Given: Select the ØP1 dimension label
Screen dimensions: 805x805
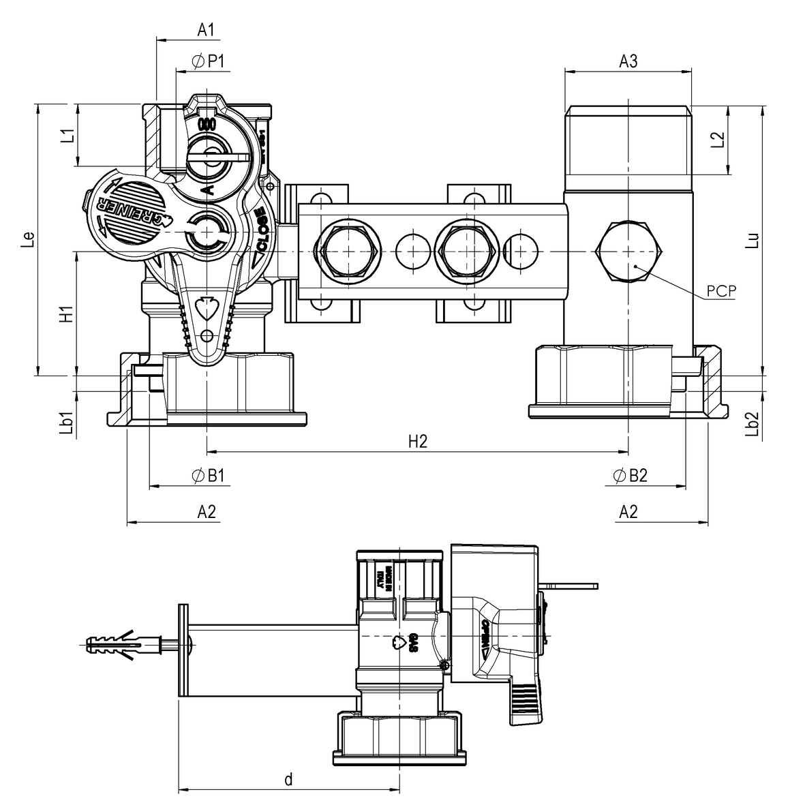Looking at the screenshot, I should point(209,61).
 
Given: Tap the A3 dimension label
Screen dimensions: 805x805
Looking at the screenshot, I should point(628,61).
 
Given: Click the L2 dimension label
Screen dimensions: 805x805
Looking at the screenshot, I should point(717,139).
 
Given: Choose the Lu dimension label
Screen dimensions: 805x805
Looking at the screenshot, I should point(753,240).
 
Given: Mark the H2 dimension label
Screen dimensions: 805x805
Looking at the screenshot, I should point(417,442).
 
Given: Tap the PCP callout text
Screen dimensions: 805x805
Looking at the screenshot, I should point(721,290).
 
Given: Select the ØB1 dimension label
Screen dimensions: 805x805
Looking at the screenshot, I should point(209,476).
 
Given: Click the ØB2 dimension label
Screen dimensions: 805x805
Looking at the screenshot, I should point(629,476).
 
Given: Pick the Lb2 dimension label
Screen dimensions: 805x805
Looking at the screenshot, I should point(753,423).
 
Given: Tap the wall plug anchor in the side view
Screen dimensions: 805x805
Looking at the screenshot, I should point(123,643).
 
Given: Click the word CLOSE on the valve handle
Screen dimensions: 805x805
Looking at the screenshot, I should point(262,230).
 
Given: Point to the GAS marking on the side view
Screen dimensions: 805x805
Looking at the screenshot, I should point(412,643).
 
